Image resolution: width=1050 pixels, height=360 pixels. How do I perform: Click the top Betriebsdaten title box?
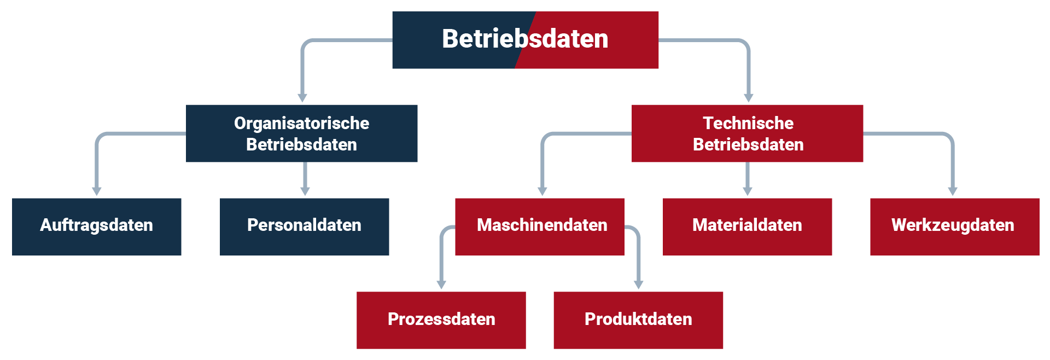coord(525,39)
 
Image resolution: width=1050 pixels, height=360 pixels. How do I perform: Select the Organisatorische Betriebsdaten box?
coord(301,133)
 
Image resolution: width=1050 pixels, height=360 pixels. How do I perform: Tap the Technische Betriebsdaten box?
coord(747,133)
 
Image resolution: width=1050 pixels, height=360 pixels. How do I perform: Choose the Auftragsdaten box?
coord(96,227)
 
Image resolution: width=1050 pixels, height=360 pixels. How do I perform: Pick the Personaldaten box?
coord(304,227)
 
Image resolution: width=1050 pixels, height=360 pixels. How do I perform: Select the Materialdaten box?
coord(747,227)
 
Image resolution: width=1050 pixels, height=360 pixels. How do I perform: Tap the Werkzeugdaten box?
coord(954,227)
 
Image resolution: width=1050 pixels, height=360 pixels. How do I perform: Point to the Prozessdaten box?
coord(441,320)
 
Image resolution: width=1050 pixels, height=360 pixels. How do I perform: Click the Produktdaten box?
coord(638,320)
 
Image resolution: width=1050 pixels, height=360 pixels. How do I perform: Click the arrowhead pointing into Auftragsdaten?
coord(97,191)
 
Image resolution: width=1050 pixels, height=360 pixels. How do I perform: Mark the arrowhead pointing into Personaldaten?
coord(305,191)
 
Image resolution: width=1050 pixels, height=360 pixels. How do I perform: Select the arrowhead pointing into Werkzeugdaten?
coord(953,191)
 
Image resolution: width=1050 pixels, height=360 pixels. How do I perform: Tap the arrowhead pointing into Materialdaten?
coord(748,191)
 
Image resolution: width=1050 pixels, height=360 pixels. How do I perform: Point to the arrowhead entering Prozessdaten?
coord(441,284)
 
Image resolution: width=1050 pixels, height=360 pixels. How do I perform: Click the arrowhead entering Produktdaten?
coord(638,284)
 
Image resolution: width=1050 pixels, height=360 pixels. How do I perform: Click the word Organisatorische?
coord(301,123)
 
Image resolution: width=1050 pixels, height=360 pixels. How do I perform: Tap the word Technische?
coord(748,123)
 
